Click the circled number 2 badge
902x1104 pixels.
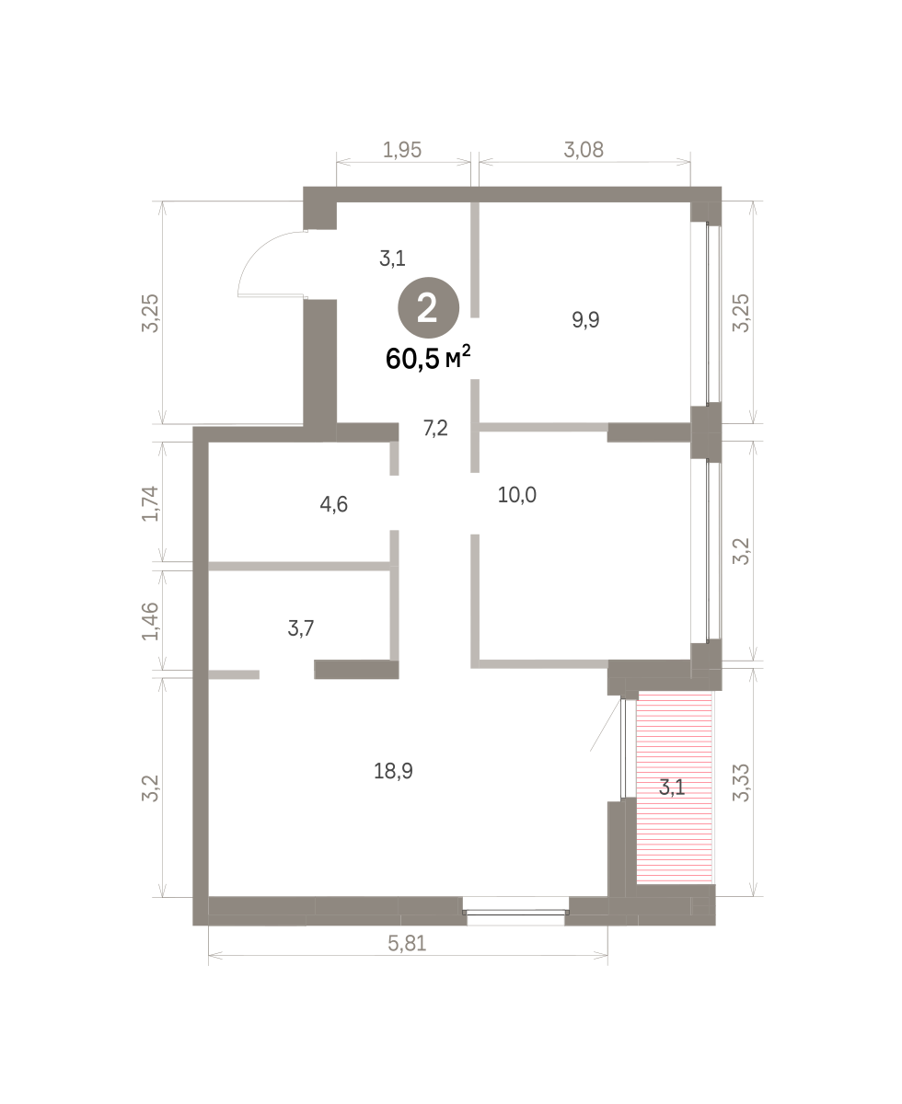tap(428, 307)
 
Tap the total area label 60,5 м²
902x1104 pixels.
tap(427, 358)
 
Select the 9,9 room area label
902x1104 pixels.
tap(585, 319)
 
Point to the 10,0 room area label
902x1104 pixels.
tap(516, 494)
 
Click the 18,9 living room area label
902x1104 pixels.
tap(393, 771)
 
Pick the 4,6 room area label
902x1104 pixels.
tap(333, 504)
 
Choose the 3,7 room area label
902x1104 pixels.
tap(301, 627)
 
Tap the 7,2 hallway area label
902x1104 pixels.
tap(435, 428)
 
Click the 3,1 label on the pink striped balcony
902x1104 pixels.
tap(672, 787)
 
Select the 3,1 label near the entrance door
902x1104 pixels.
tap(392, 259)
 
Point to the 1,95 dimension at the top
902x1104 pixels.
tap(402, 150)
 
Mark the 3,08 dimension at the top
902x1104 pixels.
tap(584, 150)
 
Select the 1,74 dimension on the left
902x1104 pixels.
tap(150, 503)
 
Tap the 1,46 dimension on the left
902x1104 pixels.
tap(150, 621)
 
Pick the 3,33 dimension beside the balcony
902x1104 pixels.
tap(741, 783)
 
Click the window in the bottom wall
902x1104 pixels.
tap(516, 913)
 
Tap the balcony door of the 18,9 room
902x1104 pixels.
tap(623, 748)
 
